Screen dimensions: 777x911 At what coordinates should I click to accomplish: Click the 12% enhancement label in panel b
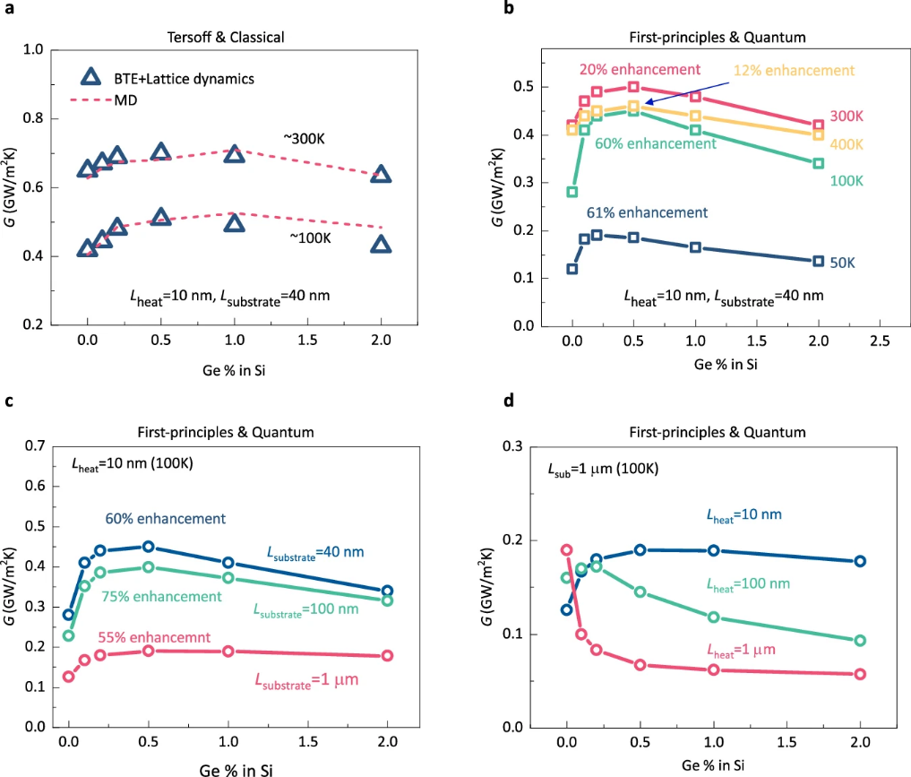795,70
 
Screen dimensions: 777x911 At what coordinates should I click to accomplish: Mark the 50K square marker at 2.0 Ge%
818,261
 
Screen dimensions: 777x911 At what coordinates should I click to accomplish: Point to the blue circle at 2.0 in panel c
387,591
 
